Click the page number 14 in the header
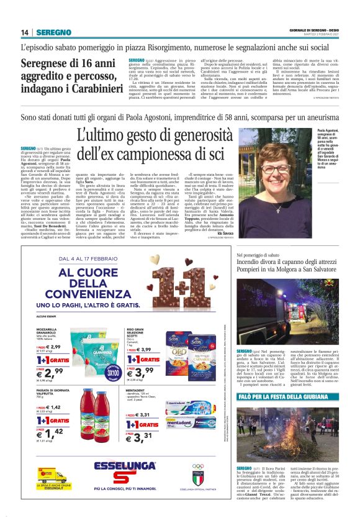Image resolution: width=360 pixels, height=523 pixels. coord(25,32)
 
